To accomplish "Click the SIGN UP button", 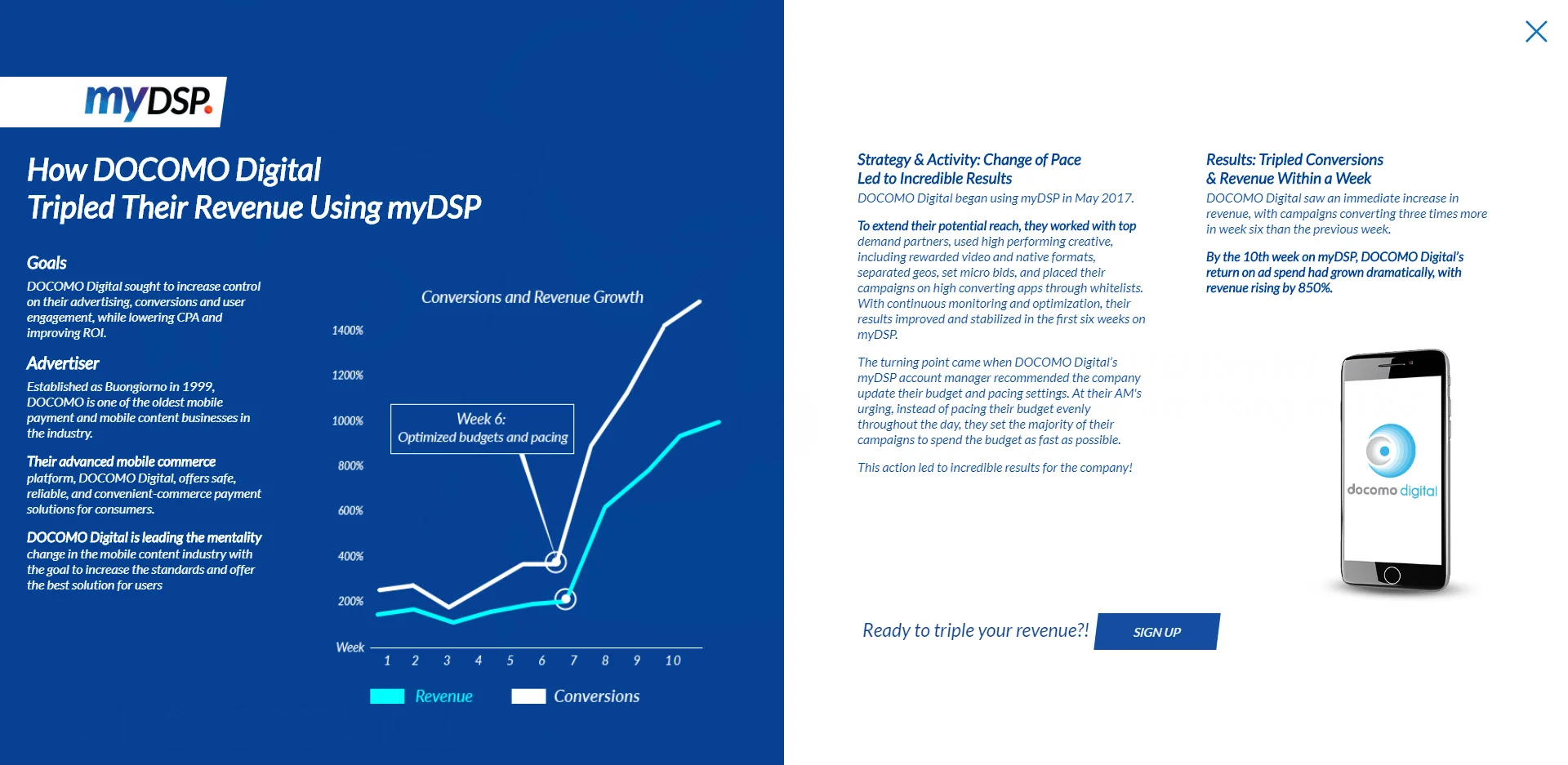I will click(1156, 632).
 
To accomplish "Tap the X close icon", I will click(1536, 32).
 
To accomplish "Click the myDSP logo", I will click(148, 102).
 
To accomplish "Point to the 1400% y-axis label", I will click(347, 331).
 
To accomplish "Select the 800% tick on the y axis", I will click(350, 466).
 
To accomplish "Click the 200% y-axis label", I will click(350, 602).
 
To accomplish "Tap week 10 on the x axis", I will click(673, 660).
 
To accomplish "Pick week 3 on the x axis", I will click(447, 660).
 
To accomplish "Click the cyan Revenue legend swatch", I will click(387, 696).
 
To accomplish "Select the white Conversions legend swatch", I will click(528, 696).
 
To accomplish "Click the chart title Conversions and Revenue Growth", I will click(532, 297).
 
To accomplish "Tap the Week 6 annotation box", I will click(482, 429).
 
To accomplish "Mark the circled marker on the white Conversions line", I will click(555, 562).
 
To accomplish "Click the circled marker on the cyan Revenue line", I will click(566, 599).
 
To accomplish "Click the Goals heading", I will click(47, 263).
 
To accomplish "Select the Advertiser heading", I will click(63, 363).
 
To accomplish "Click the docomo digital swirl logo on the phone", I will click(1390, 451).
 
